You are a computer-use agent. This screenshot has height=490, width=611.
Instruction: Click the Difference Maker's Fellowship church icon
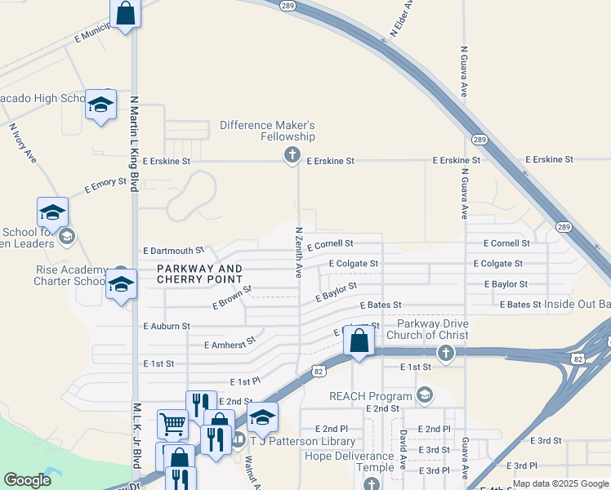(x=292, y=155)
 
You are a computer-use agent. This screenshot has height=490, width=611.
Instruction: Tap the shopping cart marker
(x=172, y=424)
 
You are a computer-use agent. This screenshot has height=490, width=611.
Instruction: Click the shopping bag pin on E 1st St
(x=359, y=341)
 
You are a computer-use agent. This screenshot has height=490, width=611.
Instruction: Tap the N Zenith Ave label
(x=299, y=252)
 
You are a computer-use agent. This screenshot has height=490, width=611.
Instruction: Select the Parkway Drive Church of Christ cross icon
(x=445, y=353)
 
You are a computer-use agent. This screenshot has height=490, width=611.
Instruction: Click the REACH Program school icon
(x=424, y=395)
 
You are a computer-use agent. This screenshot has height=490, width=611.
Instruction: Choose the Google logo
(x=28, y=480)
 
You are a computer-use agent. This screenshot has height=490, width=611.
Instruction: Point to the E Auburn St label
(x=166, y=326)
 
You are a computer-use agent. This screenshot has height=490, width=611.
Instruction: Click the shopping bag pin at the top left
(x=124, y=13)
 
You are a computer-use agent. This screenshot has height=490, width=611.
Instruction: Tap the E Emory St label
(x=105, y=187)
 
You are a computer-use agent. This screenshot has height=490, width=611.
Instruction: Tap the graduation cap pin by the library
(x=262, y=417)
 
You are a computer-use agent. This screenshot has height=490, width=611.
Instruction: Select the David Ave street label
(x=402, y=450)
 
